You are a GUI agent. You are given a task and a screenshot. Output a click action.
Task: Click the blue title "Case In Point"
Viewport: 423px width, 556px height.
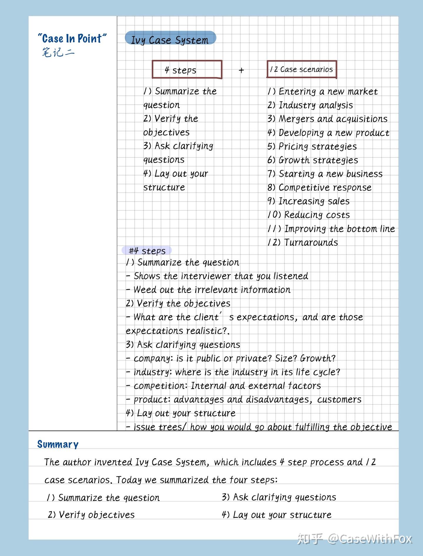click(72, 38)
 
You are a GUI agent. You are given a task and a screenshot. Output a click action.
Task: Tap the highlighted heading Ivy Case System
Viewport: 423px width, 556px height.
click(170, 40)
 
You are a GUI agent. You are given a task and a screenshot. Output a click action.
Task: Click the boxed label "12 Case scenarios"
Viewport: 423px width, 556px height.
click(301, 69)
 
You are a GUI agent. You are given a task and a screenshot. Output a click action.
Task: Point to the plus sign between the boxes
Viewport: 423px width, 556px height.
click(241, 70)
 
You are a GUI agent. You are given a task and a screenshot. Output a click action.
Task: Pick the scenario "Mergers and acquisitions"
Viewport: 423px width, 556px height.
click(327, 119)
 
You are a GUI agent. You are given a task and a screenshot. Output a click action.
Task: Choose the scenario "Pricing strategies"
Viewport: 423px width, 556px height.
click(312, 146)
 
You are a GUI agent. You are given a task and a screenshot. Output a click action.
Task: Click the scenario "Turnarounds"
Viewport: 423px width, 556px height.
click(303, 242)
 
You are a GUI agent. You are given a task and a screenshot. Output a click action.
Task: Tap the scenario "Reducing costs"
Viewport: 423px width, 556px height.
click(308, 215)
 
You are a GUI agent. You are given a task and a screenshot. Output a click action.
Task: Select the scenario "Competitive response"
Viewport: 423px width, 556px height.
click(319, 187)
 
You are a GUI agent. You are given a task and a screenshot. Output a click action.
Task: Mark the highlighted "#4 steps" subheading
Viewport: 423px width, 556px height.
click(147, 251)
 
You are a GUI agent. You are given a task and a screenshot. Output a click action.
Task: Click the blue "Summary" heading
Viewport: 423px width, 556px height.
click(58, 444)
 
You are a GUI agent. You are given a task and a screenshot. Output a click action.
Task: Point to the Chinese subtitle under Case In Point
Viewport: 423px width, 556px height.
click(58, 53)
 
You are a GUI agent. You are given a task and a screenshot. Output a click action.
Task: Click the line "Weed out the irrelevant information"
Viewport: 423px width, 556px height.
click(208, 290)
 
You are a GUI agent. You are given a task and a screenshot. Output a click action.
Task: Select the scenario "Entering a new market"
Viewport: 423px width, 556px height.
click(322, 91)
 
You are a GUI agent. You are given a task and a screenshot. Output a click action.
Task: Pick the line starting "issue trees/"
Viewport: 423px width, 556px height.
click(259, 426)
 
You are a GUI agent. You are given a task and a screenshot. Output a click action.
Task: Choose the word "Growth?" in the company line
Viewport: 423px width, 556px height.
click(318, 358)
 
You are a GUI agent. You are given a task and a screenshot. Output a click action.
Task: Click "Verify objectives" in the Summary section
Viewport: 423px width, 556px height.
click(91, 515)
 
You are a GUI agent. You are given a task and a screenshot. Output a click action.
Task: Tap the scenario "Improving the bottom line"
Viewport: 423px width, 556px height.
click(331, 229)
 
